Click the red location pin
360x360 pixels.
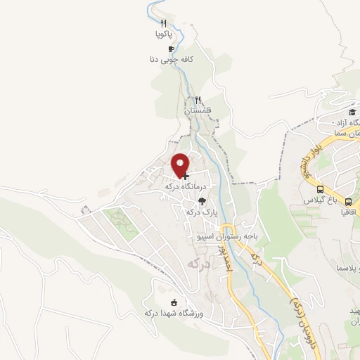[x=181, y=166]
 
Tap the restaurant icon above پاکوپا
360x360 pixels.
[x=163, y=23]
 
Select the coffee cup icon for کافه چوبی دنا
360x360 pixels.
[x=171, y=49]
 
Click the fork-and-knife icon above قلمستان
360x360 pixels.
[x=198, y=100]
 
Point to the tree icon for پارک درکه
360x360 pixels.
[x=202, y=201]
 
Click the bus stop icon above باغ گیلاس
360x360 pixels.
[x=321, y=190]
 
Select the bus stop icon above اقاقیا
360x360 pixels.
[x=348, y=202]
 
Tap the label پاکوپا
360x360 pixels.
[x=163, y=34]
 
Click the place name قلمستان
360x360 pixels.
[x=198, y=111]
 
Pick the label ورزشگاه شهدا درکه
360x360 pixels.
[x=173, y=314]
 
